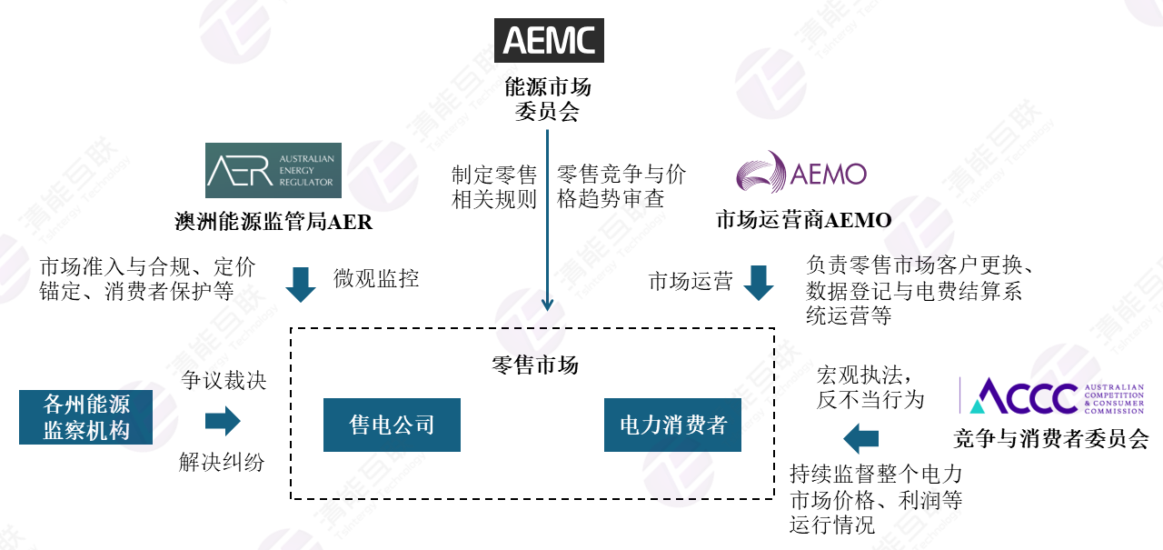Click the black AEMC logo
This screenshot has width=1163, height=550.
pyautogui.click(x=548, y=40)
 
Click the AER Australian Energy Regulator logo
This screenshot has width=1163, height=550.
pyautogui.click(x=273, y=170)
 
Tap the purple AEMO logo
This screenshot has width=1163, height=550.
pyautogui.click(x=800, y=174)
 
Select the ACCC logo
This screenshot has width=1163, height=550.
pyautogui.click(x=1052, y=396)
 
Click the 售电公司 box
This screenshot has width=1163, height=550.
pyautogui.click(x=392, y=425)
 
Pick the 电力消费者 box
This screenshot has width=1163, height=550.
pyautogui.click(x=672, y=425)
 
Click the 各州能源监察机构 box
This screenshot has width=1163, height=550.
pyautogui.click(x=86, y=417)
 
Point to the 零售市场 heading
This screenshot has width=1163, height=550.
pyautogui.click(x=534, y=365)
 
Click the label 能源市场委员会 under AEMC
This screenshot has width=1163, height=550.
pyautogui.click(x=548, y=99)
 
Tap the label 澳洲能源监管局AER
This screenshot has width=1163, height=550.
pyautogui.click(x=273, y=222)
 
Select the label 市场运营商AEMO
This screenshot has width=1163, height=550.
pyautogui.click(x=803, y=220)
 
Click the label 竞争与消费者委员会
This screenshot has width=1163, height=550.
pyautogui.click(x=1050, y=439)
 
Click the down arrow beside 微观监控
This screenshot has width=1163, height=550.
pyautogui.click(x=301, y=284)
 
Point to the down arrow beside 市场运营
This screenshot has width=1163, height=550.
pyautogui.click(x=759, y=283)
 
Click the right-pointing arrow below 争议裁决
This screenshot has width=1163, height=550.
pyautogui.click(x=223, y=421)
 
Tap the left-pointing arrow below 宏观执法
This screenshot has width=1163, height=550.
pyautogui.click(x=860, y=439)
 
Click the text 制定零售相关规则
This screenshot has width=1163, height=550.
pyautogui.click(x=494, y=186)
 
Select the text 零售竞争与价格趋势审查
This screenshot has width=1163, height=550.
pyautogui.click(x=621, y=186)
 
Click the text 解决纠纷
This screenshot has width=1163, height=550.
pyautogui.click(x=222, y=462)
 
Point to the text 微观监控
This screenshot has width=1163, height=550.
pyautogui.click(x=376, y=279)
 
